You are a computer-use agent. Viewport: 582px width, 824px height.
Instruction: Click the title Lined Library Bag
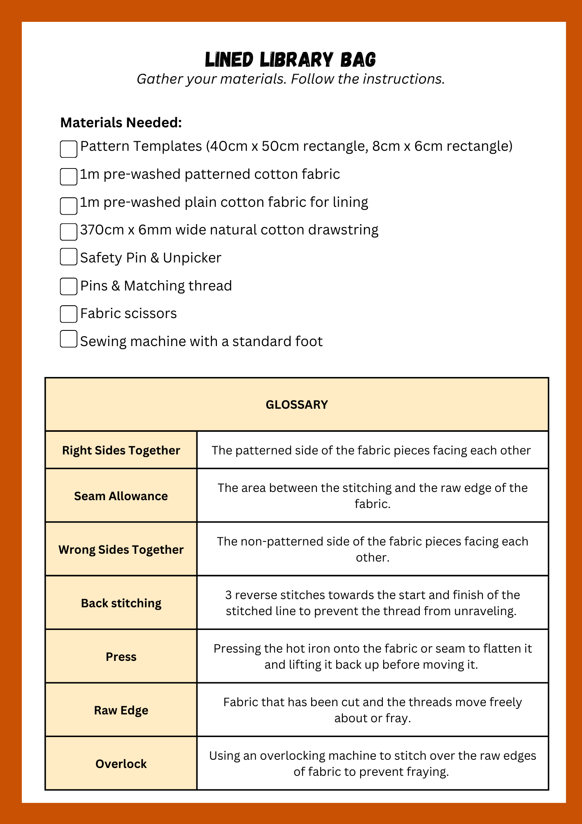[x=290, y=60]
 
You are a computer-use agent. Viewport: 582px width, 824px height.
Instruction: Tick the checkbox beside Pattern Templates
[x=69, y=149]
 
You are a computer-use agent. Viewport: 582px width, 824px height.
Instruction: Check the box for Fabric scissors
[x=69, y=314]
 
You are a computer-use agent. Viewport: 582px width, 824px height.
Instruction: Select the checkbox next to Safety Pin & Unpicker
[x=69, y=257]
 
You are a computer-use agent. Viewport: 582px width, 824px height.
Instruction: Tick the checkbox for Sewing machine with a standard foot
[x=69, y=339]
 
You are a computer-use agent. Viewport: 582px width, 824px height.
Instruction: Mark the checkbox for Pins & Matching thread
[x=69, y=286]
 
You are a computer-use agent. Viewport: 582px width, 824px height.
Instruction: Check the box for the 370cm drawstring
[x=69, y=232]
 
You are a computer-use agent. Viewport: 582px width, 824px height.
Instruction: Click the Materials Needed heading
[x=121, y=122]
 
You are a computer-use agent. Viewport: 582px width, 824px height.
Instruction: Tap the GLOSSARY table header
[x=297, y=405]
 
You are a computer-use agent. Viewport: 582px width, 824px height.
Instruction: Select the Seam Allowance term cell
[x=121, y=496]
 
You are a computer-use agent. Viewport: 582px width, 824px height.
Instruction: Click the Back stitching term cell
[x=121, y=603]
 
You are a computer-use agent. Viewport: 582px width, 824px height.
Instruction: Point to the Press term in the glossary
[x=121, y=656]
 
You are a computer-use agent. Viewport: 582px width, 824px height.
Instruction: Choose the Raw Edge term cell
[x=121, y=710]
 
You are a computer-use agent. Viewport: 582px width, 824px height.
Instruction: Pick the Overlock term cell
[x=121, y=763]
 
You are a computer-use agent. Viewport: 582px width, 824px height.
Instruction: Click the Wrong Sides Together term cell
[x=121, y=549]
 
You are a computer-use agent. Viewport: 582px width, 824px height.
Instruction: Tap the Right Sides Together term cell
[x=121, y=450]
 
